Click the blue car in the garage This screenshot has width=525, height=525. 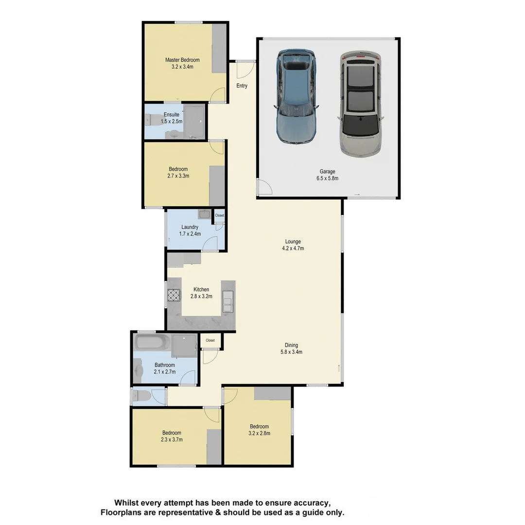(x=296, y=96)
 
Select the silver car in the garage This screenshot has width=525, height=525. (x=360, y=105)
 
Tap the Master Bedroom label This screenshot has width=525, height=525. (x=182, y=60)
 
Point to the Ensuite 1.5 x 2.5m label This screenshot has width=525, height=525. (x=172, y=118)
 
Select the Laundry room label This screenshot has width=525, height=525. (x=190, y=227)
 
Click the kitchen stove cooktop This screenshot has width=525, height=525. (x=174, y=296)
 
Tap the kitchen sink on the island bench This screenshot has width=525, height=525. (x=227, y=301)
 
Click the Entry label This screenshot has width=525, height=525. (x=242, y=86)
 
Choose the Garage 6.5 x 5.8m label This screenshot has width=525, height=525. (x=327, y=175)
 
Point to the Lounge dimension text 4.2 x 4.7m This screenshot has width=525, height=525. (x=293, y=248)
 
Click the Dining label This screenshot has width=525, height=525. (x=291, y=345)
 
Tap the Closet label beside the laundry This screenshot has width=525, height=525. (x=220, y=215)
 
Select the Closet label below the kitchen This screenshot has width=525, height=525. (x=210, y=340)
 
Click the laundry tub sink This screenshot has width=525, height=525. (x=204, y=214)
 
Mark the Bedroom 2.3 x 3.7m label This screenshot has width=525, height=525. (x=172, y=436)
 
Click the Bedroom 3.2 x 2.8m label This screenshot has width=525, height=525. (x=259, y=430)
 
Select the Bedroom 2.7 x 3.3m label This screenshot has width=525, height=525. (x=178, y=173)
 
